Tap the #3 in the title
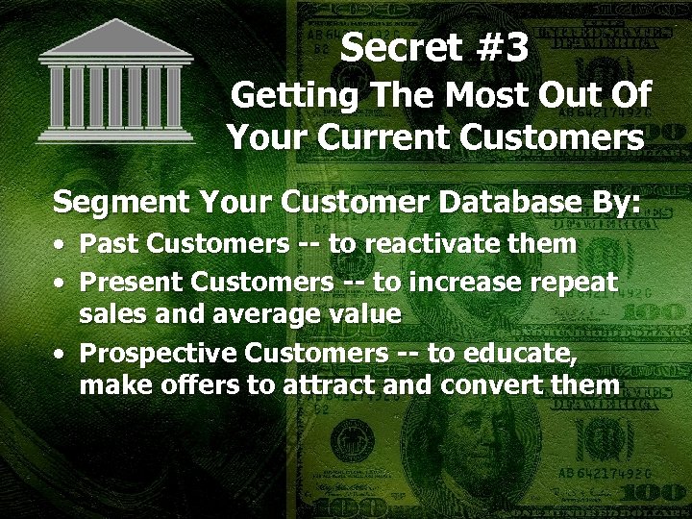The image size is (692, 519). [x=495, y=47]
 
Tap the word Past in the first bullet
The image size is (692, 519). [x=106, y=244]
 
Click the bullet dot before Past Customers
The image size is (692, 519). [x=61, y=246]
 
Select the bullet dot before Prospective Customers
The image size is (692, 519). [x=61, y=355]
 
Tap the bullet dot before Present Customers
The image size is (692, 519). [x=61, y=284]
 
